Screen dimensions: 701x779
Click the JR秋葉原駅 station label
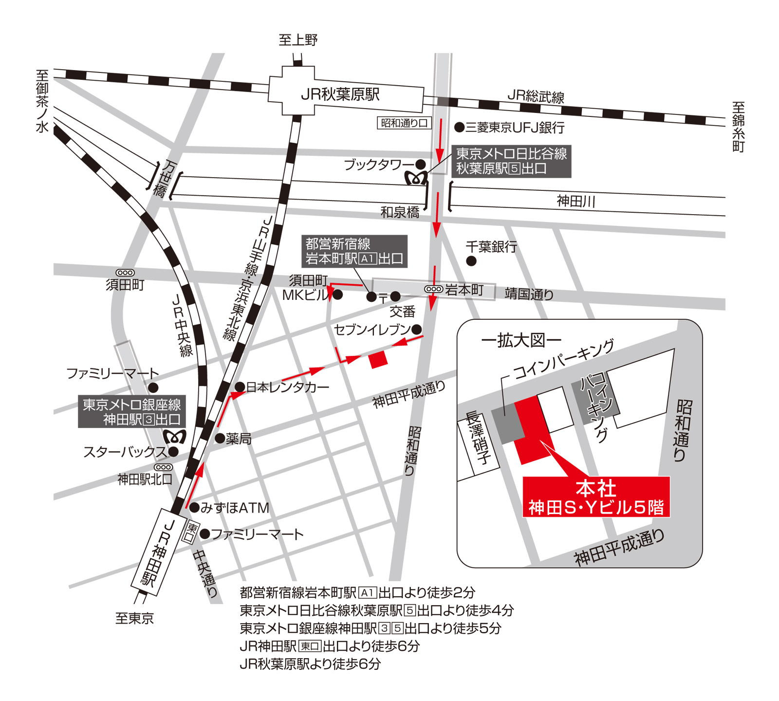click(340, 94)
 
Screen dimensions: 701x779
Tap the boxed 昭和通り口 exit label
click(404, 123)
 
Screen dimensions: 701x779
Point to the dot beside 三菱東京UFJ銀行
click(459, 128)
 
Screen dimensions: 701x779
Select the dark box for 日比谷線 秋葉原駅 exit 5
click(511, 161)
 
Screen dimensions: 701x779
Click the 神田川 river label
click(576, 201)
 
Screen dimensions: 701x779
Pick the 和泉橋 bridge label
click(400, 212)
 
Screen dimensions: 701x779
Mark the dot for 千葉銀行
click(471, 261)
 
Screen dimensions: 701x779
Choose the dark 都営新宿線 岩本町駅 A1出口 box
click(354, 251)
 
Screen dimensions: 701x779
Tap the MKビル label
click(305, 295)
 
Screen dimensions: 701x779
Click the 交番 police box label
click(403, 311)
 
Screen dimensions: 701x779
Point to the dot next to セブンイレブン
click(417, 330)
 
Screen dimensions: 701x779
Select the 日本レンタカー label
click(288, 387)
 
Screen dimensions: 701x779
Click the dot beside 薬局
click(220, 439)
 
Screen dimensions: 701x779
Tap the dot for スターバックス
click(173, 452)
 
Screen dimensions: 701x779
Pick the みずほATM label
click(235, 508)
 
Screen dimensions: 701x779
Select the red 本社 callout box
click(596, 497)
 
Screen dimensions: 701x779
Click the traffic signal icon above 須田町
click(125, 273)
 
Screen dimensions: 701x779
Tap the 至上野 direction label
click(298, 40)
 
